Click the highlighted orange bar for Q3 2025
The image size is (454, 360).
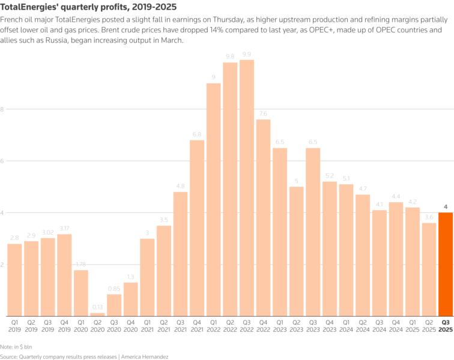[x=446, y=264]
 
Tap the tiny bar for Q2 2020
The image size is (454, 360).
[x=97, y=314]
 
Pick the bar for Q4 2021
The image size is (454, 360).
[x=197, y=228]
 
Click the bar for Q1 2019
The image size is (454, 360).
[x=14, y=280]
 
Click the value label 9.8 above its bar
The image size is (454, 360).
[x=230, y=56]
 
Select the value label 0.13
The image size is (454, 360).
[x=97, y=307]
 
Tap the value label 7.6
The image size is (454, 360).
[x=263, y=113]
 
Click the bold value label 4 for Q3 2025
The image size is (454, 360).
[x=446, y=206]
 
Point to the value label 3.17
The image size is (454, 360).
[x=64, y=227]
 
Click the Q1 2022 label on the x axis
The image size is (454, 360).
[x=213, y=326]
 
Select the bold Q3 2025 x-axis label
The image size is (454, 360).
[x=446, y=326]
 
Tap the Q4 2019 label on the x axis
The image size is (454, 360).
[x=64, y=326]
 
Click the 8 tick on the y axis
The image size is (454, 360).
[x=2, y=109]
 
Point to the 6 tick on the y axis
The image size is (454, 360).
[x=2, y=161]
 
